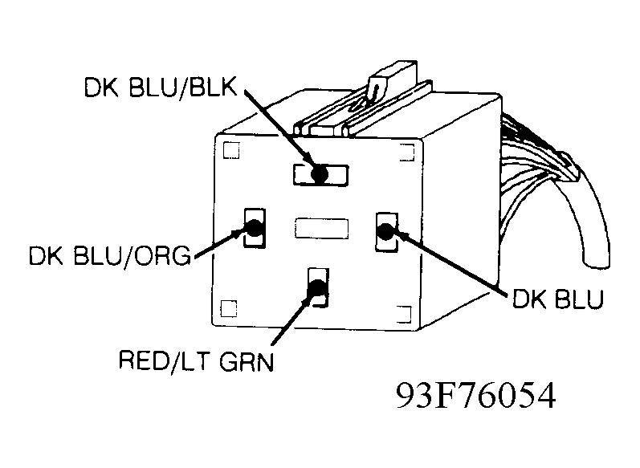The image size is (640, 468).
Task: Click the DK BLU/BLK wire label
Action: [x=161, y=87]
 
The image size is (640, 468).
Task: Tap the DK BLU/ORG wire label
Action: [x=110, y=256]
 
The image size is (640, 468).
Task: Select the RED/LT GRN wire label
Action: [x=196, y=360]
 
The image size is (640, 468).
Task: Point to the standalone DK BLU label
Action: [x=557, y=299]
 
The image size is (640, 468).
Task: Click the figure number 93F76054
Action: [x=476, y=396]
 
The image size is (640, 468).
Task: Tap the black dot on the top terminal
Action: [x=319, y=174]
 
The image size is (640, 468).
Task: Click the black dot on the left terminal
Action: [x=254, y=228]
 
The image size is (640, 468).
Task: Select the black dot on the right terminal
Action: [x=385, y=231]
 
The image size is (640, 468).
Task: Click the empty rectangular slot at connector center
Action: [x=322, y=228]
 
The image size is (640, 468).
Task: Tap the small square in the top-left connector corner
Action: [x=231, y=150]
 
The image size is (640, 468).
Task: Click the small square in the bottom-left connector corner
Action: [x=229, y=308]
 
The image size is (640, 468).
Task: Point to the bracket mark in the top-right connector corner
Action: [x=407, y=152]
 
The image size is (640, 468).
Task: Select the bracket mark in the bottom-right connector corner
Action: [x=404, y=314]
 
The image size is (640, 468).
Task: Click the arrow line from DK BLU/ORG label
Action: [x=221, y=244]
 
